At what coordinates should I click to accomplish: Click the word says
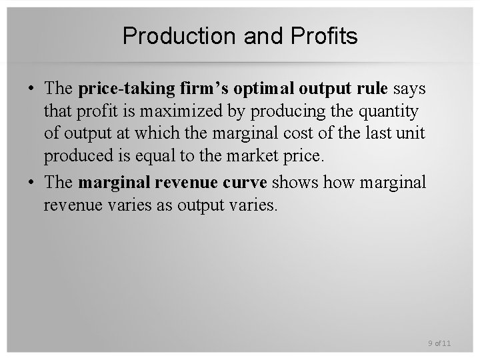[x=409, y=89]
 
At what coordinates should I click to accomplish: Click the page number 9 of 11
[x=439, y=343]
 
